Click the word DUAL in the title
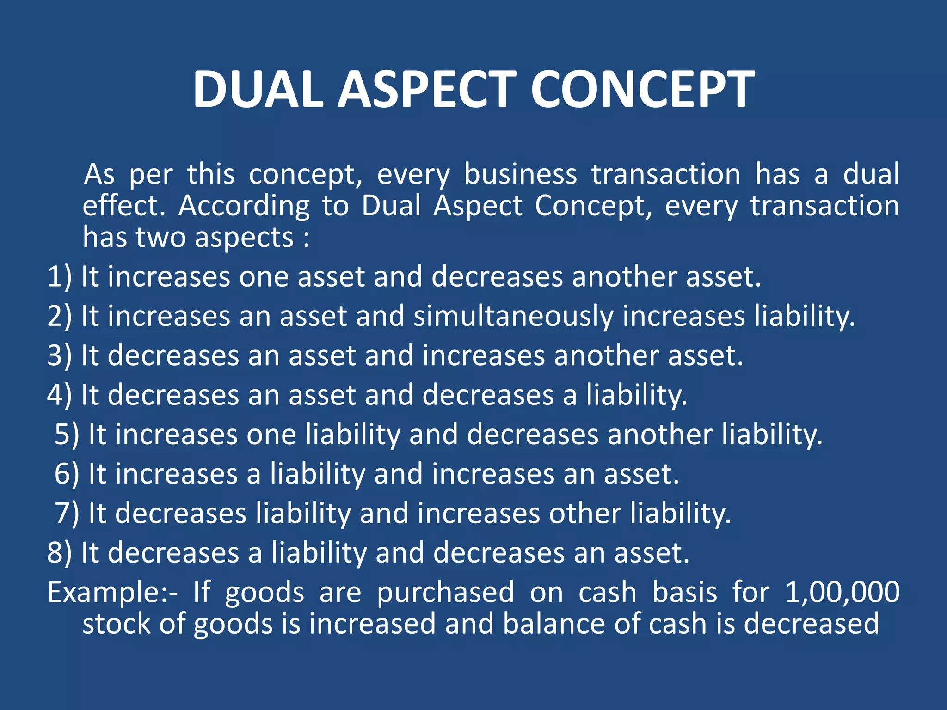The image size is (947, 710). [x=258, y=89]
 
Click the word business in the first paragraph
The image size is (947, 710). [x=520, y=175]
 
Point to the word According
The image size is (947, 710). [x=244, y=206]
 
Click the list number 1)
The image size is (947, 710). [x=60, y=277]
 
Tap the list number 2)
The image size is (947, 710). [x=60, y=316]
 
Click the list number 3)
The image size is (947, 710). [x=60, y=356]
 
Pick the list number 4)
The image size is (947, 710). [x=60, y=395]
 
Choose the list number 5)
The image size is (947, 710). [x=67, y=435]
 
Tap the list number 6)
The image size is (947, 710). [x=67, y=474]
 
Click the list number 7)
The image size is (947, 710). [x=67, y=514]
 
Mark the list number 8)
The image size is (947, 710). [x=60, y=553]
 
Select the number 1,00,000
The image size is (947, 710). [x=842, y=593]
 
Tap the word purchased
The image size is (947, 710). [x=445, y=593]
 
